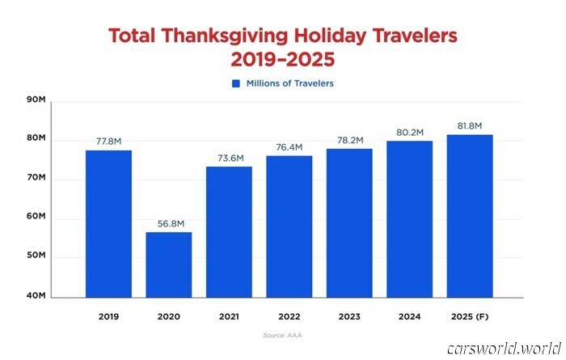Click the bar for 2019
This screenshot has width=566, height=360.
(x=108, y=223)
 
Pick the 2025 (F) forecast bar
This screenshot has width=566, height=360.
(x=470, y=215)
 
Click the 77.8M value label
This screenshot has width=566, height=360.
(x=108, y=141)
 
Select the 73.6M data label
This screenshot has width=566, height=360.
(x=229, y=158)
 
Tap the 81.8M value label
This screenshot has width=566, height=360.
(x=470, y=126)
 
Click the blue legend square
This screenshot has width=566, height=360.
(x=236, y=83)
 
